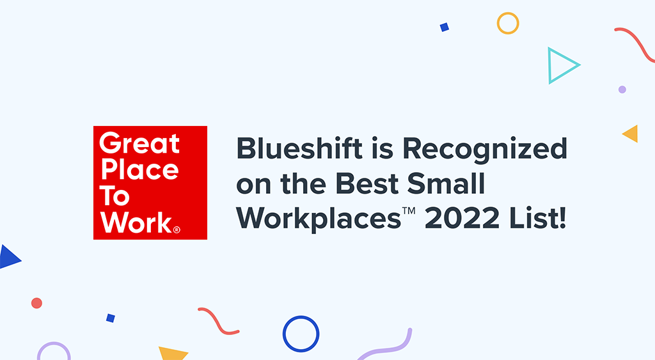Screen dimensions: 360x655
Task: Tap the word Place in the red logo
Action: [138, 171]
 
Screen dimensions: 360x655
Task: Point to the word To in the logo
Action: [114, 197]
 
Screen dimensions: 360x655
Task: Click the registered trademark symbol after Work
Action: [177, 228]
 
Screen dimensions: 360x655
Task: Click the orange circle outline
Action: [508, 24]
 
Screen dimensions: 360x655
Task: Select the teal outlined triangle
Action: [560, 65]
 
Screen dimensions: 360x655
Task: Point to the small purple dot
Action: [622, 90]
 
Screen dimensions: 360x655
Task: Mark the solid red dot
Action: [36, 303]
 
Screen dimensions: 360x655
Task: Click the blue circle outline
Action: [301, 334]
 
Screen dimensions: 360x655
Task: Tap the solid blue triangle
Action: [8, 257]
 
